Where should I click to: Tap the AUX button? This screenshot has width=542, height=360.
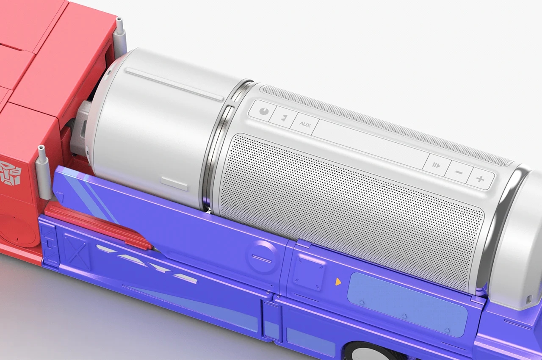tap(304, 125)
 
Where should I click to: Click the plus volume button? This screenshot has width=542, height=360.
tap(480, 179)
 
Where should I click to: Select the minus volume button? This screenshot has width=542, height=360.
tap(459, 172)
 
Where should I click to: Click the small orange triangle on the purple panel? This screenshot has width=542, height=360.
tap(338, 281)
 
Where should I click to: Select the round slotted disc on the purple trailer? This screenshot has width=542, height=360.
tap(263, 257)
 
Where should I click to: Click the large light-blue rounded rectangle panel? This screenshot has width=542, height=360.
tap(407, 304)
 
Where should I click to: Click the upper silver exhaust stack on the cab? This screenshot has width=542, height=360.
tap(120, 36)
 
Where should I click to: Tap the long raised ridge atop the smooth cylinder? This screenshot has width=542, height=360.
tap(174, 84)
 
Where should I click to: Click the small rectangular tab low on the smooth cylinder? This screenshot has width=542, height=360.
tap(174, 184)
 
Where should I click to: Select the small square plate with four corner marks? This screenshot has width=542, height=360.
tap(309, 271)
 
